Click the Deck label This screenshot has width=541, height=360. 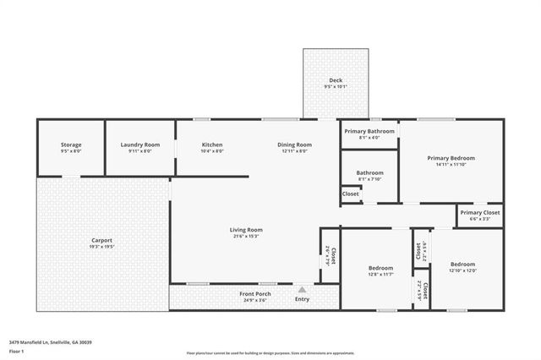point(336,81)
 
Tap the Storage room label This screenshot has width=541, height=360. point(71,145)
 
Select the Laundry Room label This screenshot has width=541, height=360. point(139,145)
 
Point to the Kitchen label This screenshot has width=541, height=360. point(212,145)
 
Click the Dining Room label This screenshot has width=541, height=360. point(295,145)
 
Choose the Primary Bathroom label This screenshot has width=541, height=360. point(369,132)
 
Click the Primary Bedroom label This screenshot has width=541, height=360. point(451,158)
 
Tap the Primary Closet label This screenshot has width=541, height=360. point(479,212)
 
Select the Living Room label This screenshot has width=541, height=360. point(246,230)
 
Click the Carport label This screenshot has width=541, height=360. point(101,240)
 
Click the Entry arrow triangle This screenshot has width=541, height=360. point(301,288)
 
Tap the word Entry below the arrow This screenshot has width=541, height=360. point(302,298)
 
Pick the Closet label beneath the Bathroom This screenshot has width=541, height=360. point(350,194)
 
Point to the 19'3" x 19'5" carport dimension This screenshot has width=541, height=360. point(101,246)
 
